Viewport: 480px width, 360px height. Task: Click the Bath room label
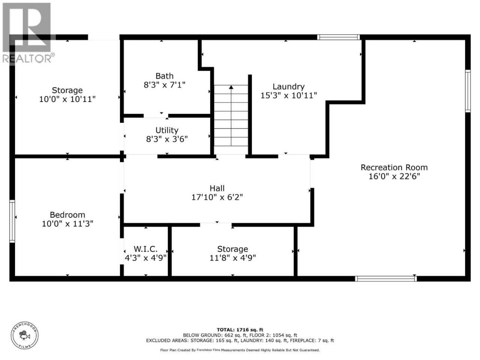(165, 76)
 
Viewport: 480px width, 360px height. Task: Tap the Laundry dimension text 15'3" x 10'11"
(289, 96)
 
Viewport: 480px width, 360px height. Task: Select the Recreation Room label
(394, 167)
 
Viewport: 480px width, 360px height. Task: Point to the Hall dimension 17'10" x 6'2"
(217, 197)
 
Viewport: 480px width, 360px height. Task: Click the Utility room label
(167, 130)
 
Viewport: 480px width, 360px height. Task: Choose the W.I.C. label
(145, 249)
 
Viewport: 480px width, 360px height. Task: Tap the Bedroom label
(67, 215)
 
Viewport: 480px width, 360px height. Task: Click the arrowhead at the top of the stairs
(231, 87)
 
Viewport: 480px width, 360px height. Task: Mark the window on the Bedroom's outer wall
(12, 221)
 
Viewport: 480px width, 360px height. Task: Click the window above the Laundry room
(338, 37)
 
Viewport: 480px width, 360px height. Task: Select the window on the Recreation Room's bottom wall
(386, 279)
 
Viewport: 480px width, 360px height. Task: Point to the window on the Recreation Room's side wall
(468, 91)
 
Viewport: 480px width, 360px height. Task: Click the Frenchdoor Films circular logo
(25, 335)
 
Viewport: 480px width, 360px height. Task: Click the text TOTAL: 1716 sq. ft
(240, 330)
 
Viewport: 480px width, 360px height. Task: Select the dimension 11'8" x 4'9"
(232, 258)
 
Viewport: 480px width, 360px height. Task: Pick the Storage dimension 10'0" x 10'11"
(67, 99)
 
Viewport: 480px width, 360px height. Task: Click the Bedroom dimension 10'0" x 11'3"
(67, 224)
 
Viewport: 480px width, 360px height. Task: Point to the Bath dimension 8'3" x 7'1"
(165, 85)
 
